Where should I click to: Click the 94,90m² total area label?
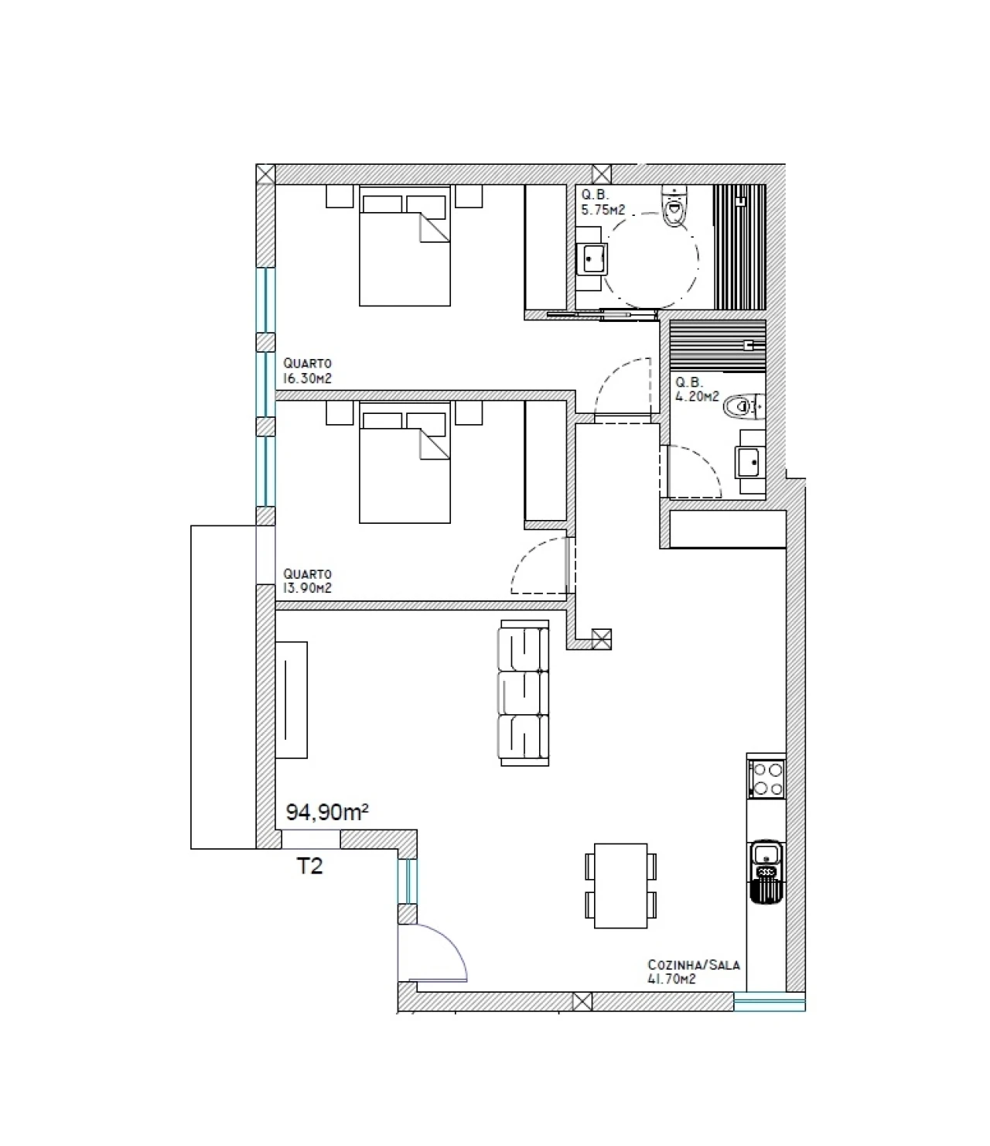pos(326,812)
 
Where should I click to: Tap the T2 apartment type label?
pos(309,865)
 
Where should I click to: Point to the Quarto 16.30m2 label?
pos(307,371)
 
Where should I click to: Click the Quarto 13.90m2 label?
pos(307,580)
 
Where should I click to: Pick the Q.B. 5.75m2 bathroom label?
pos(603,203)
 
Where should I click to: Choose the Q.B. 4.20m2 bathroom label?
pos(697,389)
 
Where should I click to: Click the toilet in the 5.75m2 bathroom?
pos(674,207)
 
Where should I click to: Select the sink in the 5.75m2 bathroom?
pos(592,259)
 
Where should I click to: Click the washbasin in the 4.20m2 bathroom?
pos(750,462)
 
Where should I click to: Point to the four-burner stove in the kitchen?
pos(766,779)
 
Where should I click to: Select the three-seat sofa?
pos(524,693)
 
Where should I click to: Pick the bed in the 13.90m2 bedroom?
pos(405,463)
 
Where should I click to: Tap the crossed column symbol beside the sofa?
pos(602,638)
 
